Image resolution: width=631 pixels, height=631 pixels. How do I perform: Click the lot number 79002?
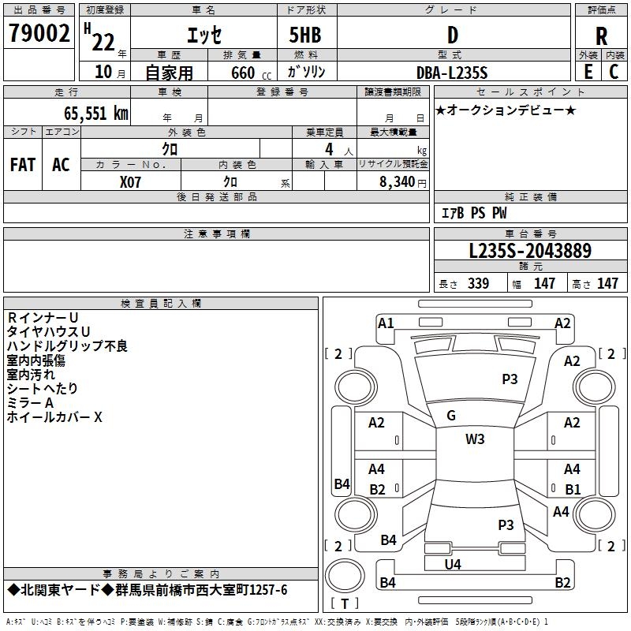[39, 33]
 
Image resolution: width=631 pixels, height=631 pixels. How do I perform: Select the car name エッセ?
[203, 35]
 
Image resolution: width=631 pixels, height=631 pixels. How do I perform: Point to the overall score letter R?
[602, 36]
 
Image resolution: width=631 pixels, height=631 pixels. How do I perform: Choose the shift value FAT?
[23, 165]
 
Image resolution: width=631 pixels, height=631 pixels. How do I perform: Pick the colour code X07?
[131, 181]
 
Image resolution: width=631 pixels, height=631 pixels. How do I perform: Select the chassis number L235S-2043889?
[529, 252]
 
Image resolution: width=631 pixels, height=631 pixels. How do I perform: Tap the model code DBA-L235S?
[453, 73]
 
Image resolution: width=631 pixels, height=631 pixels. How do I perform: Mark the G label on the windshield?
[451, 416]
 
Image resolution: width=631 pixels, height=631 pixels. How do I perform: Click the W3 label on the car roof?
[475, 439]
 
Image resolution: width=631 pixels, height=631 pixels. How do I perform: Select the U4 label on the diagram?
[453, 564]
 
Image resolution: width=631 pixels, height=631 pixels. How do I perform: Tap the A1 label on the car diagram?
[386, 323]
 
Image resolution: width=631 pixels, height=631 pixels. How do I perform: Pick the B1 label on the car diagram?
[573, 489]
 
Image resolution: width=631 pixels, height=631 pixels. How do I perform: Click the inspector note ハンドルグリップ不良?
[67, 346]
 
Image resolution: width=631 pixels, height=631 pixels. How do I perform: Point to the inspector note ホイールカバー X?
[54, 417]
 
